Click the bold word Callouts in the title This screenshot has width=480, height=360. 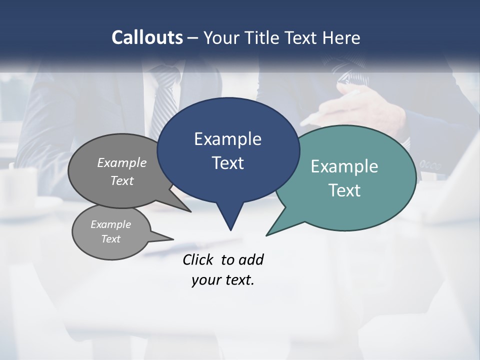(147, 37)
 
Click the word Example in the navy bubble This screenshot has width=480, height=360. (227, 139)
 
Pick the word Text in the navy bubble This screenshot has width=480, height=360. (227, 163)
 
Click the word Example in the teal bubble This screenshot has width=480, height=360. (344, 166)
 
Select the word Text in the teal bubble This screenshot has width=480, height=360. (344, 190)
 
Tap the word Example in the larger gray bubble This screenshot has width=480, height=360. (122, 162)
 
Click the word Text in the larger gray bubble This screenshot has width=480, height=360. (122, 180)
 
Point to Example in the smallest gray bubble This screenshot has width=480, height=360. (110, 224)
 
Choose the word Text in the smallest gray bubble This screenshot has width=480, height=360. (110, 239)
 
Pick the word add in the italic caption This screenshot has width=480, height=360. (251, 259)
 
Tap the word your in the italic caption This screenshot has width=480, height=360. (205, 280)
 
